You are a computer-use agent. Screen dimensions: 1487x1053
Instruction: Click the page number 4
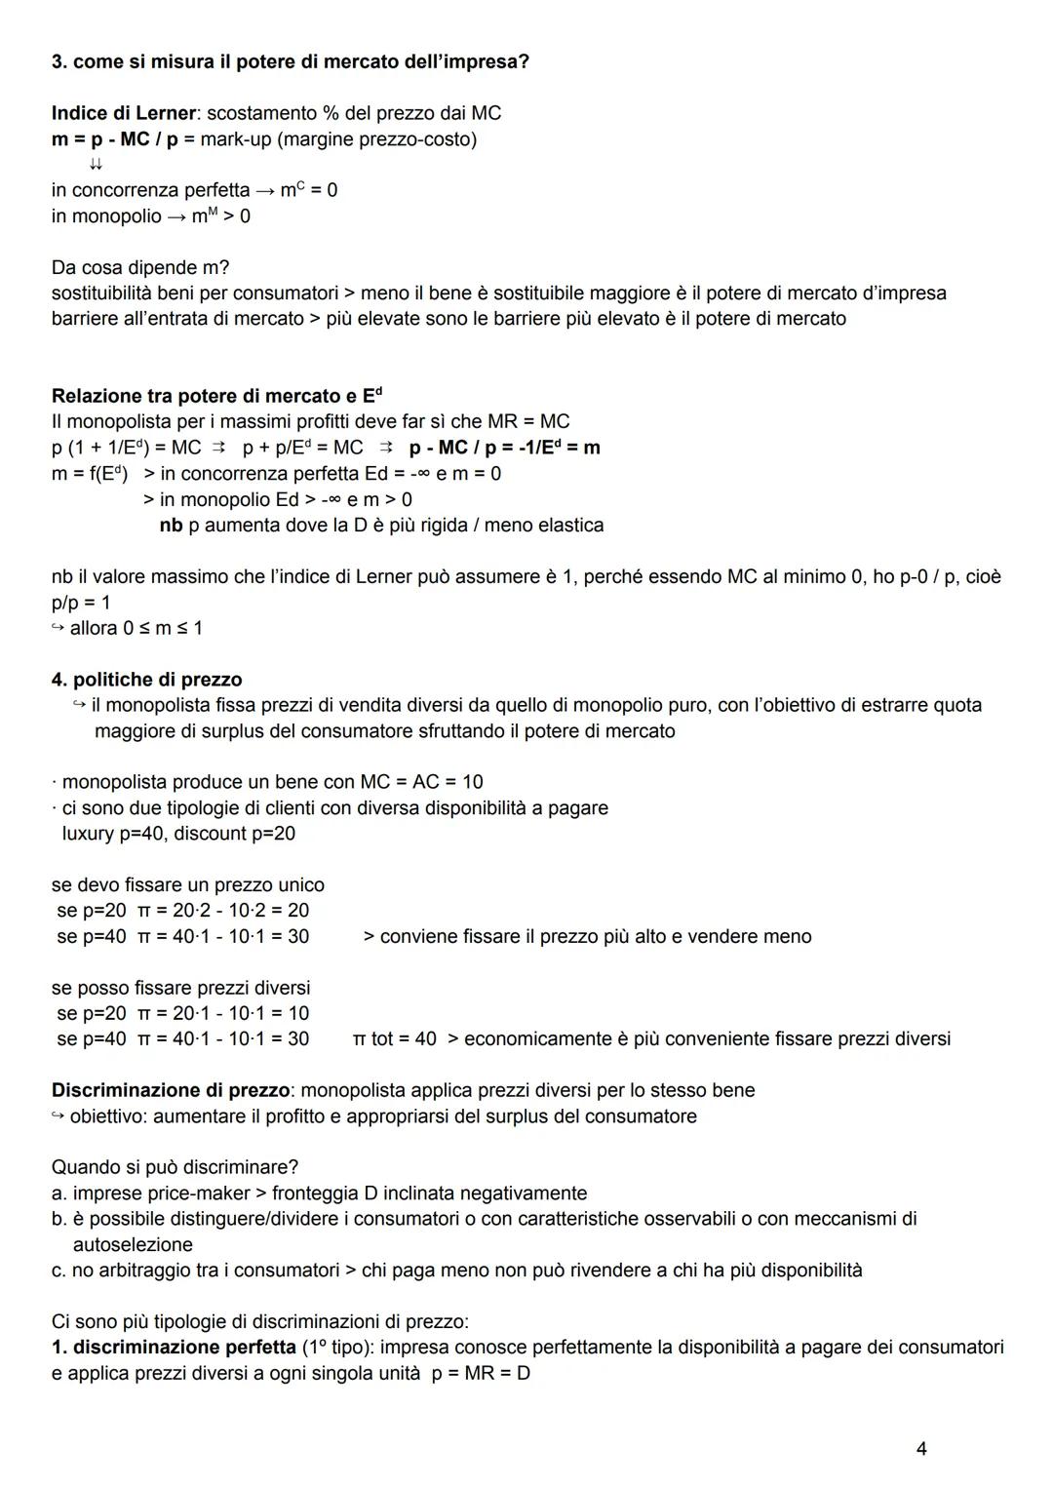coord(921,1449)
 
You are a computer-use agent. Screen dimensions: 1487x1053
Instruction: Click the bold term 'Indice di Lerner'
coord(122,113)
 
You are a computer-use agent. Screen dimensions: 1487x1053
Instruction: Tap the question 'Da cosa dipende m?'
coord(140,267)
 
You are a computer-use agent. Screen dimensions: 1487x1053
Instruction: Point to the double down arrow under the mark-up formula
coord(97,165)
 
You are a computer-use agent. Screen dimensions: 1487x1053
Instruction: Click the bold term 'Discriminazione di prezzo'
coord(169,1090)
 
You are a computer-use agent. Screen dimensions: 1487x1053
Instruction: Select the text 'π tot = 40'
coord(394,1039)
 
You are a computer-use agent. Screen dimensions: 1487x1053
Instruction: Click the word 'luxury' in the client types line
coord(90,834)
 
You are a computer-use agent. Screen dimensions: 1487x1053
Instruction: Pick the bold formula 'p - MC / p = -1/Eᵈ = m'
coord(504,448)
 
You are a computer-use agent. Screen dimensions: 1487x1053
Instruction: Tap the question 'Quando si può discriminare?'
coord(175,1167)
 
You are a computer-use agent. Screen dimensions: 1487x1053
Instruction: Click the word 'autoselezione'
coord(133,1245)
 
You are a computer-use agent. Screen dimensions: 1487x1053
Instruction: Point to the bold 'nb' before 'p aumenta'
coord(171,526)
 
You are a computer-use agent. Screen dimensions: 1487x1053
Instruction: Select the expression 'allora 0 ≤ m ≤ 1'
coord(136,628)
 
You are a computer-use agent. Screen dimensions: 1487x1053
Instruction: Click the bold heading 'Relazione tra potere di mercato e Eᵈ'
coord(216,396)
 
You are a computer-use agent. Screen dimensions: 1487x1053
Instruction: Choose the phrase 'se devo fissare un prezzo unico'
coord(187,885)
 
